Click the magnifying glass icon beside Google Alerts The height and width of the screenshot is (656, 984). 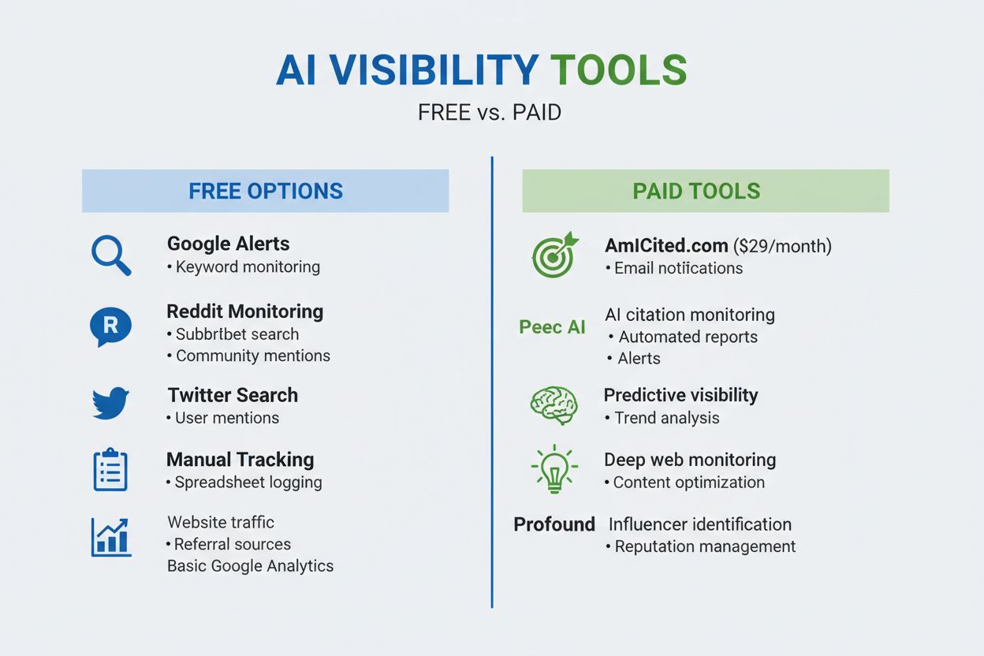[111, 255]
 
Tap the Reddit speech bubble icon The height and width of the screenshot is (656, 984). [110, 326]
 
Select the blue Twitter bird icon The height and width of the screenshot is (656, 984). [110, 402]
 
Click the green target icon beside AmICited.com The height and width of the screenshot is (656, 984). [554, 255]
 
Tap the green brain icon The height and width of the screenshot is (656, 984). [553, 404]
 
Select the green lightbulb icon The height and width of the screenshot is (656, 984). [554, 468]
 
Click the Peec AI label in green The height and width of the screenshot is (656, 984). [552, 327]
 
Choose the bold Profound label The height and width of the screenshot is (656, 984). [554, 524]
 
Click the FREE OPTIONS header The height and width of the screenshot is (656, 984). [266, 191]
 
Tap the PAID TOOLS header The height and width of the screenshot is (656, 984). [697, 191]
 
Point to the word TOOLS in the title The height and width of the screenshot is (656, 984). [618, 71]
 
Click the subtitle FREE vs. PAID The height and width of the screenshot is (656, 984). [490, 113]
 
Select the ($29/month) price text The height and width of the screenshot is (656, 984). [782, 246]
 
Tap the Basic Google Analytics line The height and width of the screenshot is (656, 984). [250, 566]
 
